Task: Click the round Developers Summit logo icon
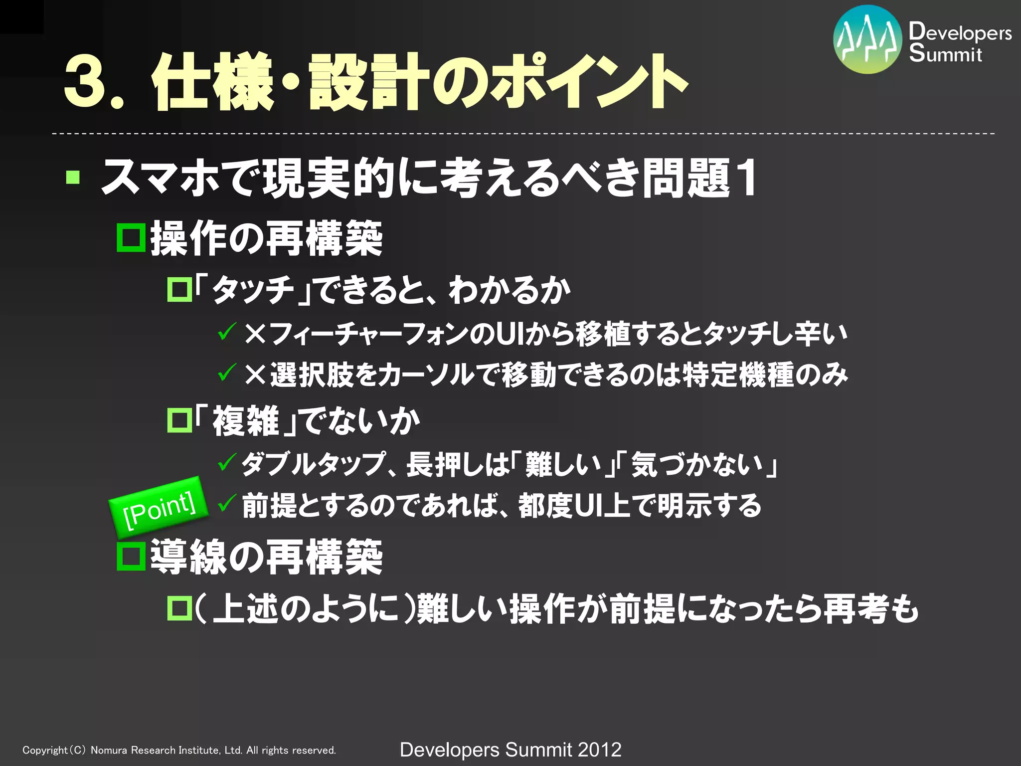(x=867, y=39)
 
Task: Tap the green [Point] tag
(x=159, y=505)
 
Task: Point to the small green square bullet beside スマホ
(x=73, y=178)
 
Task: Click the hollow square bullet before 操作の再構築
(x=131, y=238)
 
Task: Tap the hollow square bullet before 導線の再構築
(x=131, y=557)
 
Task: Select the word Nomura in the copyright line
(x=109, y=750)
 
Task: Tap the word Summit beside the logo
(x=945, y=53)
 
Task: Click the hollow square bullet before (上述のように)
(x=179, y=608)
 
